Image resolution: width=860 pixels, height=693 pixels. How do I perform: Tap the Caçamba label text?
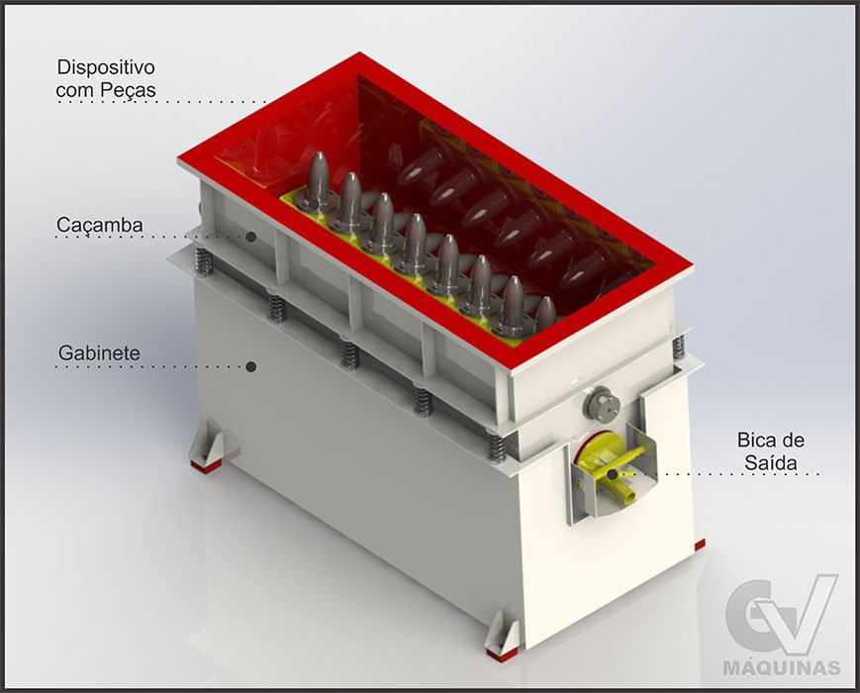tap(100, 225)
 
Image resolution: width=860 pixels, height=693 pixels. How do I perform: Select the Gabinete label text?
tap(99, 352)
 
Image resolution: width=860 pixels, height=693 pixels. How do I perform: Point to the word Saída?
tap(771, 462)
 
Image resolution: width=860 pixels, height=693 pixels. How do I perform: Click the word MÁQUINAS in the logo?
tap(782, 668)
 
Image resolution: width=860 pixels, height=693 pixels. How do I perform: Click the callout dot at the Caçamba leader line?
tap(251, 237)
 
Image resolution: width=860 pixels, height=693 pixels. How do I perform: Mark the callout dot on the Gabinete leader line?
tap(251, 366)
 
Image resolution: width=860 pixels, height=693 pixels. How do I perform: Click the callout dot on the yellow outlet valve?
tap(612, 473)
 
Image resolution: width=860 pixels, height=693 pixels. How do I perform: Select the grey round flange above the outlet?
tap(601, 403)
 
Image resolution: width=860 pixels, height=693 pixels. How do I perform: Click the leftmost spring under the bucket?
tap(203, 262)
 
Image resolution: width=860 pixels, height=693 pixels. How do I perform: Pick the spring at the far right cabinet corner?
tap(679, 346)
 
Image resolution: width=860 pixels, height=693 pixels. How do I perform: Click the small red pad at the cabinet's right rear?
tap(700, 544)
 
